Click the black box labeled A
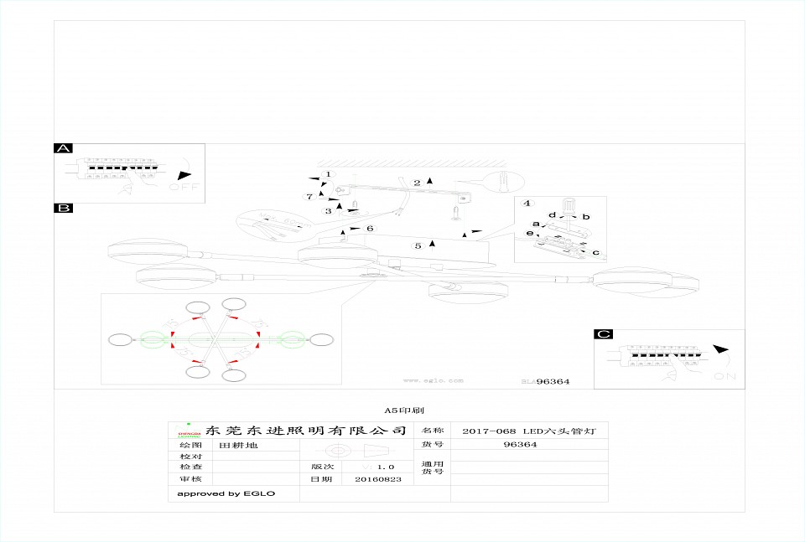point(63,148)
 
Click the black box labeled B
point(63,208)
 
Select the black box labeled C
point(603,334)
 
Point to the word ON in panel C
point(724,378)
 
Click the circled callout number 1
point(329,174)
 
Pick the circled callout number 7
point(309,197)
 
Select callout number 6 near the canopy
point(370,228)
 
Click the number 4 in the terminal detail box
point(527,204)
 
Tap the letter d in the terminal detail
point(552,215)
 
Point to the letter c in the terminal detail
point(595,252)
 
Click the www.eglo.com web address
point(433,380)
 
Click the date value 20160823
point(378,480)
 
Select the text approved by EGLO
point(226,493)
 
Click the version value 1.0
point(386,467)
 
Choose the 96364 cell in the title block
point(520,445)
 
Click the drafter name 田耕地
point(239,446)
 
